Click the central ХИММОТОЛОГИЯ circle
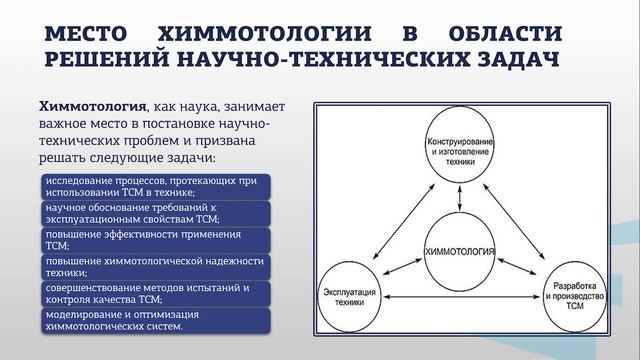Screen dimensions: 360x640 [460, 246]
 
